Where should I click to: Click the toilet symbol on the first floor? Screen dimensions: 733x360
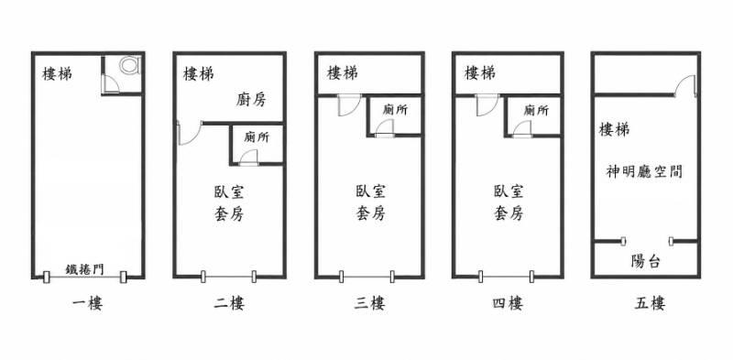pos(129,65)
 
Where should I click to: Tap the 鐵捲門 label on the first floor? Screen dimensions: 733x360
pos(84,269)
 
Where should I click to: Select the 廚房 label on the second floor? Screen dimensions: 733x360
pos(250,100)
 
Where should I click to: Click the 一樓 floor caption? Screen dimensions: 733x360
pos(87,304)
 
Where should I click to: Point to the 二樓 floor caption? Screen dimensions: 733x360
pos(229,304)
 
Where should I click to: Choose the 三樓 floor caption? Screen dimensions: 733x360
pos(369,304)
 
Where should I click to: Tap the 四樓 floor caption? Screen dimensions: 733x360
pos(508,304)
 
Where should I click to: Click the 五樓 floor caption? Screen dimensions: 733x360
pos(650,304)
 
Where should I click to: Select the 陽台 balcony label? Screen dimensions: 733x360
pos(646,262)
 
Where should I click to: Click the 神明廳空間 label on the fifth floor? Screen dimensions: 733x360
pos(644,172)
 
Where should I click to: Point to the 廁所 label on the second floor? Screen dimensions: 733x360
pos(257,138)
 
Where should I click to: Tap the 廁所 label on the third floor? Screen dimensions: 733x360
pos(395,110)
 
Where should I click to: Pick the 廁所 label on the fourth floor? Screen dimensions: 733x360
pos(536,111)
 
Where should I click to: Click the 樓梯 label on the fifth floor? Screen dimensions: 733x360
pos(614,129)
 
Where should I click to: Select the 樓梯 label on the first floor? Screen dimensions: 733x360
pos(58,74)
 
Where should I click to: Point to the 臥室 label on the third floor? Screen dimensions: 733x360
pos(370,191)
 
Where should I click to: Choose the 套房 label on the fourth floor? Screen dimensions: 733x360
pos(509,213)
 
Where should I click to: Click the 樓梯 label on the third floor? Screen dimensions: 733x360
pos(343,73)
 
